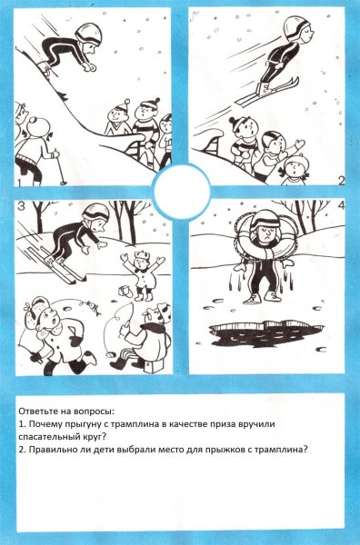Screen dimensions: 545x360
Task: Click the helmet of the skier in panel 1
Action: (88, 35)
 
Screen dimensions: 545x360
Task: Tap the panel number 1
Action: (19, 181)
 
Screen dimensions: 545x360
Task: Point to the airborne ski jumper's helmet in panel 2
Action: (293, 28)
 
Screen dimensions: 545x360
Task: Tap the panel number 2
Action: (341, 179)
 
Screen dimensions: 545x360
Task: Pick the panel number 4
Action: (341, 208)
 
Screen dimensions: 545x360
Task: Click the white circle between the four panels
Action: (180, 193)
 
